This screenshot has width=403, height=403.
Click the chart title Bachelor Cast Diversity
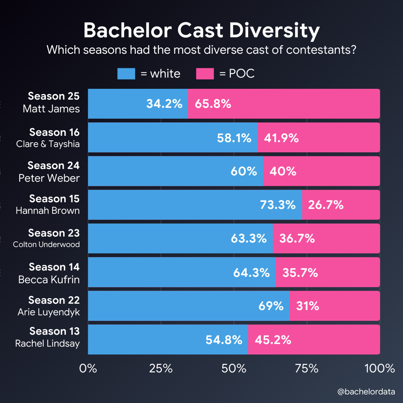coord(201,31)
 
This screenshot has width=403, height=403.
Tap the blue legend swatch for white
coord(126,74)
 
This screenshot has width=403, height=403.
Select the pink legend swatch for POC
coord(205,74)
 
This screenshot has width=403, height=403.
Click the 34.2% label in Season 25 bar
coord(164,104)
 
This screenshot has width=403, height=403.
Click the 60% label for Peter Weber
coord(244,171)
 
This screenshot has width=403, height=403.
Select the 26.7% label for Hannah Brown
coord(326,205)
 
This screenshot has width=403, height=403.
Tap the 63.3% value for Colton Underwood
coord(249,238)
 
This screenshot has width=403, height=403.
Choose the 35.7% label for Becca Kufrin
coord(300,273)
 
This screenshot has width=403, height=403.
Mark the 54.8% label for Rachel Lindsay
coord(224,340)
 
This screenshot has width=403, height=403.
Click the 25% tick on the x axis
coord(161,369)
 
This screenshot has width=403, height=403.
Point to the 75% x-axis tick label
coord(307,369)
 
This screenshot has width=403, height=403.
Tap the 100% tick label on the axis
coord(380,369)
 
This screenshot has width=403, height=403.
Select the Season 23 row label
coord(54,233)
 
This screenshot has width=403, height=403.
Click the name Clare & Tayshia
coord(48,144)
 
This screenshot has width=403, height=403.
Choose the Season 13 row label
coord(54,331)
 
